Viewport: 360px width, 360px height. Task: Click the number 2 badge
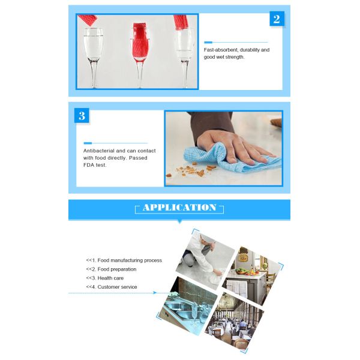[276, 19]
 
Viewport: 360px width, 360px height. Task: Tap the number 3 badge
[82, 116]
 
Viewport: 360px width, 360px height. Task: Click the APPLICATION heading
[179, 208]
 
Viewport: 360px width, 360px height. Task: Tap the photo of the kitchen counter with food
[252, 270]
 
